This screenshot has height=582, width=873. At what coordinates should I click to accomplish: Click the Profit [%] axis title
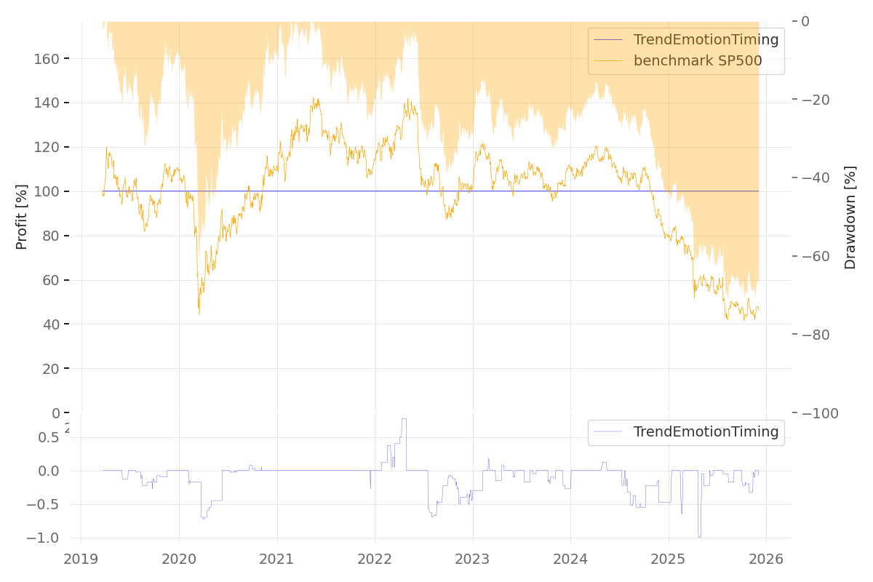coord(22,217)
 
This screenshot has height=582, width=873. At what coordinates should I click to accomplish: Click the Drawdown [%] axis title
coord(850,217)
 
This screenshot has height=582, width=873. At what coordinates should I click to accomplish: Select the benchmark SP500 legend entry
coord(697,61)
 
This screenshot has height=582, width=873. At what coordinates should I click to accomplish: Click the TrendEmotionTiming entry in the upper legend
coord(706,40)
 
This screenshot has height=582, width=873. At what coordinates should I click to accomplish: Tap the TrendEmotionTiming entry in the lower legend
coord(706,432)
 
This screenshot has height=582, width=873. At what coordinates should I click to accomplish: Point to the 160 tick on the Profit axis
coord(47,58)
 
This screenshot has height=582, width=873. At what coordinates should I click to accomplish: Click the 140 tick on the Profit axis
coord(47,103)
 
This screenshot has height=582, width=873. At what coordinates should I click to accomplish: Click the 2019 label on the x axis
coord(81,559)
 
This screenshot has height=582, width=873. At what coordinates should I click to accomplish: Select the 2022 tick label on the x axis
coord(375,559)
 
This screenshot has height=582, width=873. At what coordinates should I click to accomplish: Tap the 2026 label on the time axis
coord(766,559)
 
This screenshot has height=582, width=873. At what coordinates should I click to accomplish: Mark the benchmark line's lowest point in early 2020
coord(199,313)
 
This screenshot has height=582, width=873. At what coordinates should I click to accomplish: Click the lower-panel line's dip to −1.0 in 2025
coord(699,537)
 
